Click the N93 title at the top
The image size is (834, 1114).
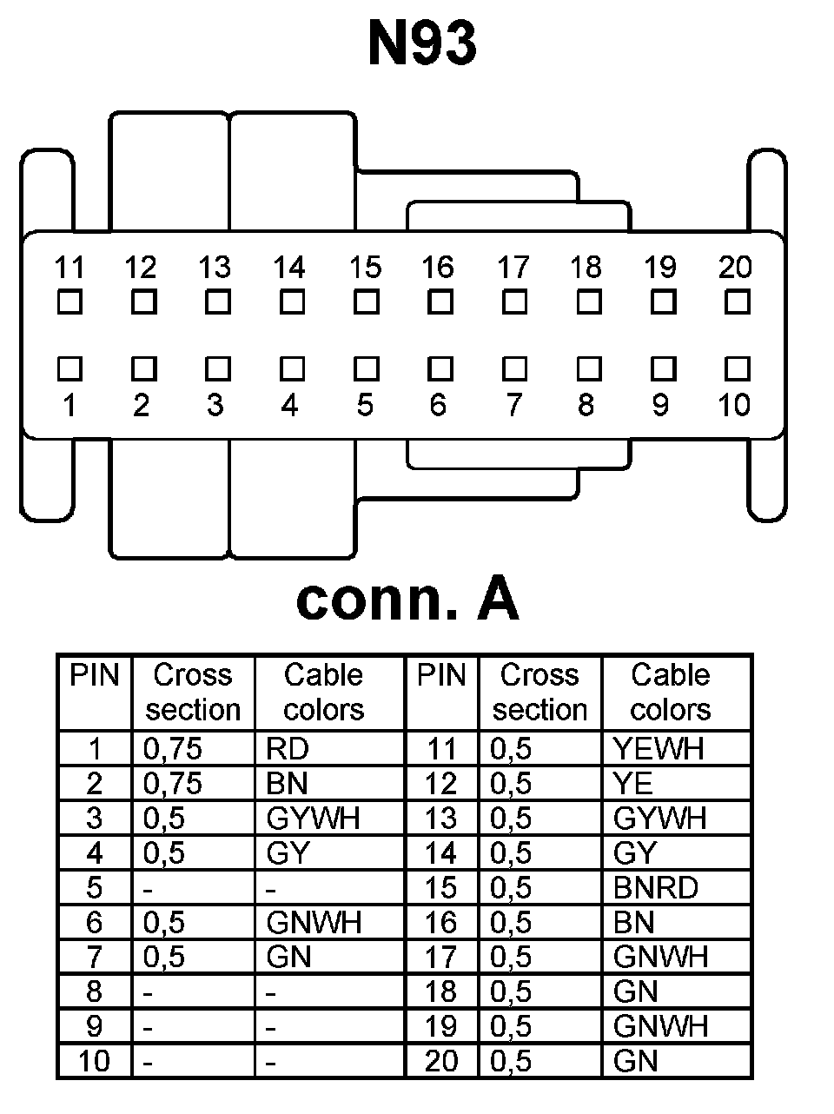tap(422, 43)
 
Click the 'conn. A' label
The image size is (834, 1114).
tap(407, 599)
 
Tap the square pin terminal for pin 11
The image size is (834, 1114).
tap(69, 302)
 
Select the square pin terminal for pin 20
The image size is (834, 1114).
tap(737, 302)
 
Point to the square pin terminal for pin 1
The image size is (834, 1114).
tap(69, 369)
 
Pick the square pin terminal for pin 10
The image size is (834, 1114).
tap(737, 369)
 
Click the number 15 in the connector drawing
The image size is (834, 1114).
tap(366, 267)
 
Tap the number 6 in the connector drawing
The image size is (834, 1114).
tap(439, 404)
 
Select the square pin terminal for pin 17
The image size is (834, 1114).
tap(514, 302)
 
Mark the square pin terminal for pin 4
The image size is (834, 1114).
tap(292, 369)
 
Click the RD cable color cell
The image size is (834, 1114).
tap(288, 748)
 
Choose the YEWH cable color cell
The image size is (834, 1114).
tap(658, 748)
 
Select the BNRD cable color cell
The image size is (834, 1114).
tap(655, 887)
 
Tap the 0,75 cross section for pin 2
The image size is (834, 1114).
tap(173, 783)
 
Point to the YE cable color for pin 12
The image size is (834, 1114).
tap(632, 783)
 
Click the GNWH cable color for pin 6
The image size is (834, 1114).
tap(314, 922)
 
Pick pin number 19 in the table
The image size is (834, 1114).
tap(441, 1026)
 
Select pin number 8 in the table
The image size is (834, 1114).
tap(94, 991)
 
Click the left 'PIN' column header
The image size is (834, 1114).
tap(94, 675)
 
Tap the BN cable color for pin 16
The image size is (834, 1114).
tap(633, 922)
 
